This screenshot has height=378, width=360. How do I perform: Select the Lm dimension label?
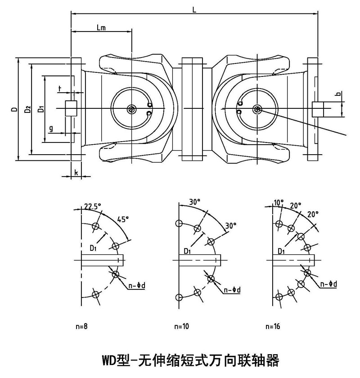tap(101, 27)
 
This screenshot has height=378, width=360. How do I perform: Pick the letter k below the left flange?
tap(76, 172)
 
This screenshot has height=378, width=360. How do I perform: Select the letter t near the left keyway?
tap(60, 89)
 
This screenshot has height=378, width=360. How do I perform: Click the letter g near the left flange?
tap(51, 129)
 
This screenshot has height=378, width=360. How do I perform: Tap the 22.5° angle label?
tap(93, 206)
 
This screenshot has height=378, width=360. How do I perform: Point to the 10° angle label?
tap(279, 203)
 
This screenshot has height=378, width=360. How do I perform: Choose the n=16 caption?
tap(273, 326)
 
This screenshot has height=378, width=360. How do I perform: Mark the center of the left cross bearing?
tap(132, 109)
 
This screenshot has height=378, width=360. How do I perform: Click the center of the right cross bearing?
tap(257, 109)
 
